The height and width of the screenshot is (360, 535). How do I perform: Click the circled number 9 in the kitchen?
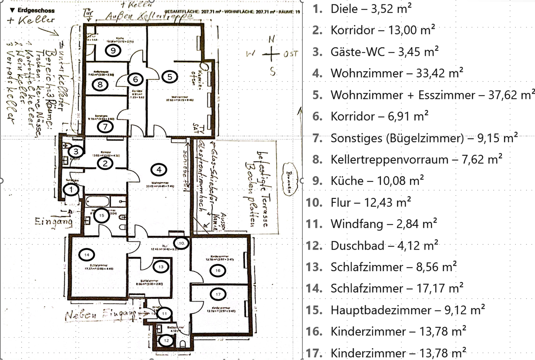(x=113, y=50)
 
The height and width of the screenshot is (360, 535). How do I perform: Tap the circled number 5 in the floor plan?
(x=170, y=77)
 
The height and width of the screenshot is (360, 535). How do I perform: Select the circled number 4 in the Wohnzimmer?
(x=159, y=170)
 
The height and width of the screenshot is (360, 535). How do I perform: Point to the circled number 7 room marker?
(x=105, y=127)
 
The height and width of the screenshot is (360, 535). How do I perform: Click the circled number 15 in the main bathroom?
(x=101, y=215)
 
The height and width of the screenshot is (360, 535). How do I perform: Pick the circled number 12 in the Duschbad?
(x=166, y=340)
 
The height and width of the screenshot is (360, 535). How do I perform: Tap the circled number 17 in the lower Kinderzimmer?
(x=218, y=294)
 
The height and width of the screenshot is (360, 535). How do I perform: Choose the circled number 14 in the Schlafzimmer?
(x=87, y=255)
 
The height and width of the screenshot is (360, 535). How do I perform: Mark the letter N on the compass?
(x=272, y=39)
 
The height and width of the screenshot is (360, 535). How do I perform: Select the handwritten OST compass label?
(x=291, y=54)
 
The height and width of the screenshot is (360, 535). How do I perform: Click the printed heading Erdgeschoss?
(x=36, y=10)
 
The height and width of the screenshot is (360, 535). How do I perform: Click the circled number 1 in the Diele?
(x=71, y=190)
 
